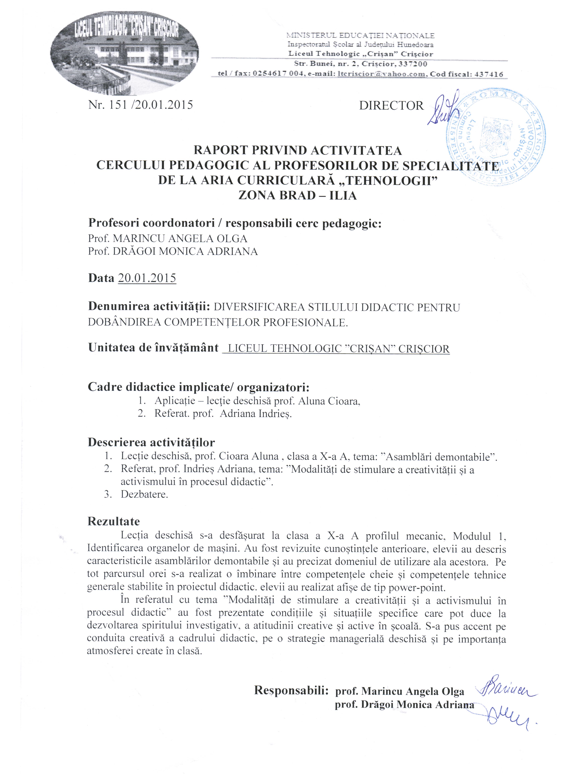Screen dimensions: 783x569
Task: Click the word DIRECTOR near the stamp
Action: tap(391, 106)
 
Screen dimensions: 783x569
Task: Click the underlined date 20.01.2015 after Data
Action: tap(147, 278)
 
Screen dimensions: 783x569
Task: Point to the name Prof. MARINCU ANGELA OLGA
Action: tap(168, 239)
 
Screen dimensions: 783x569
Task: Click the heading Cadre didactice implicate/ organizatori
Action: tap(198, 387)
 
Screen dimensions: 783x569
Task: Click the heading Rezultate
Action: tap(113, 521)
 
